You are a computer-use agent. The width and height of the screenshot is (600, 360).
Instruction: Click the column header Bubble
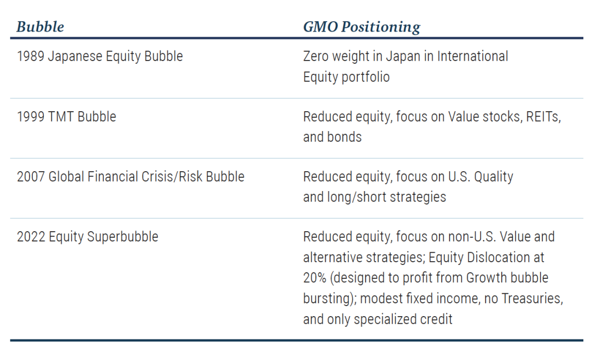pos(40,27)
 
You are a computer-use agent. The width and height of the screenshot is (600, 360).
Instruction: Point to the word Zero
pos(316,56)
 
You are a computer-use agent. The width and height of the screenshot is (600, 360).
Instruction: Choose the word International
pos(473,56)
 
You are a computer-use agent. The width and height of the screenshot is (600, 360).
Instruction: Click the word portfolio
pos(366,77)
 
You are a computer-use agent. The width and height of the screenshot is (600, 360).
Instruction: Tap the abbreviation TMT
pos(61,117)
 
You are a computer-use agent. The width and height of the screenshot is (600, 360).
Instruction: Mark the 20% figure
pos(314,278)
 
